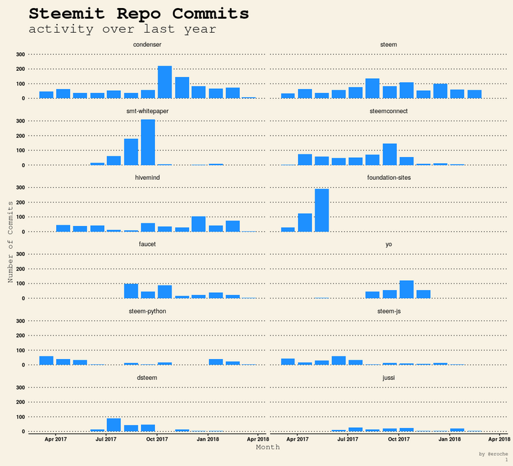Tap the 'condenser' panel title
click(x=147, y=45)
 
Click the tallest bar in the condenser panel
click(x=164, y=82)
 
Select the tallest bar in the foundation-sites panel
click(x=322, y=210)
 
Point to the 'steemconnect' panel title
click(x=388, y=111)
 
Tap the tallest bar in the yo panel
click(x=406, y=289)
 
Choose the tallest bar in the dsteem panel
click(x=114, y=425)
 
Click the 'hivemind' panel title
click(x=147, y=178)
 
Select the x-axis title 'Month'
click(x=268, y=447)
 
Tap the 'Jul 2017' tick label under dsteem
click(x=106, y=439)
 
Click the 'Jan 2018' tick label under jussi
click(x=450, y=439)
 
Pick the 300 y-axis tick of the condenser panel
click(x=21, y=54)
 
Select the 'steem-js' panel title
click(x=388, y=312)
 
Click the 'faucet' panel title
click(x=147, y=245)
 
